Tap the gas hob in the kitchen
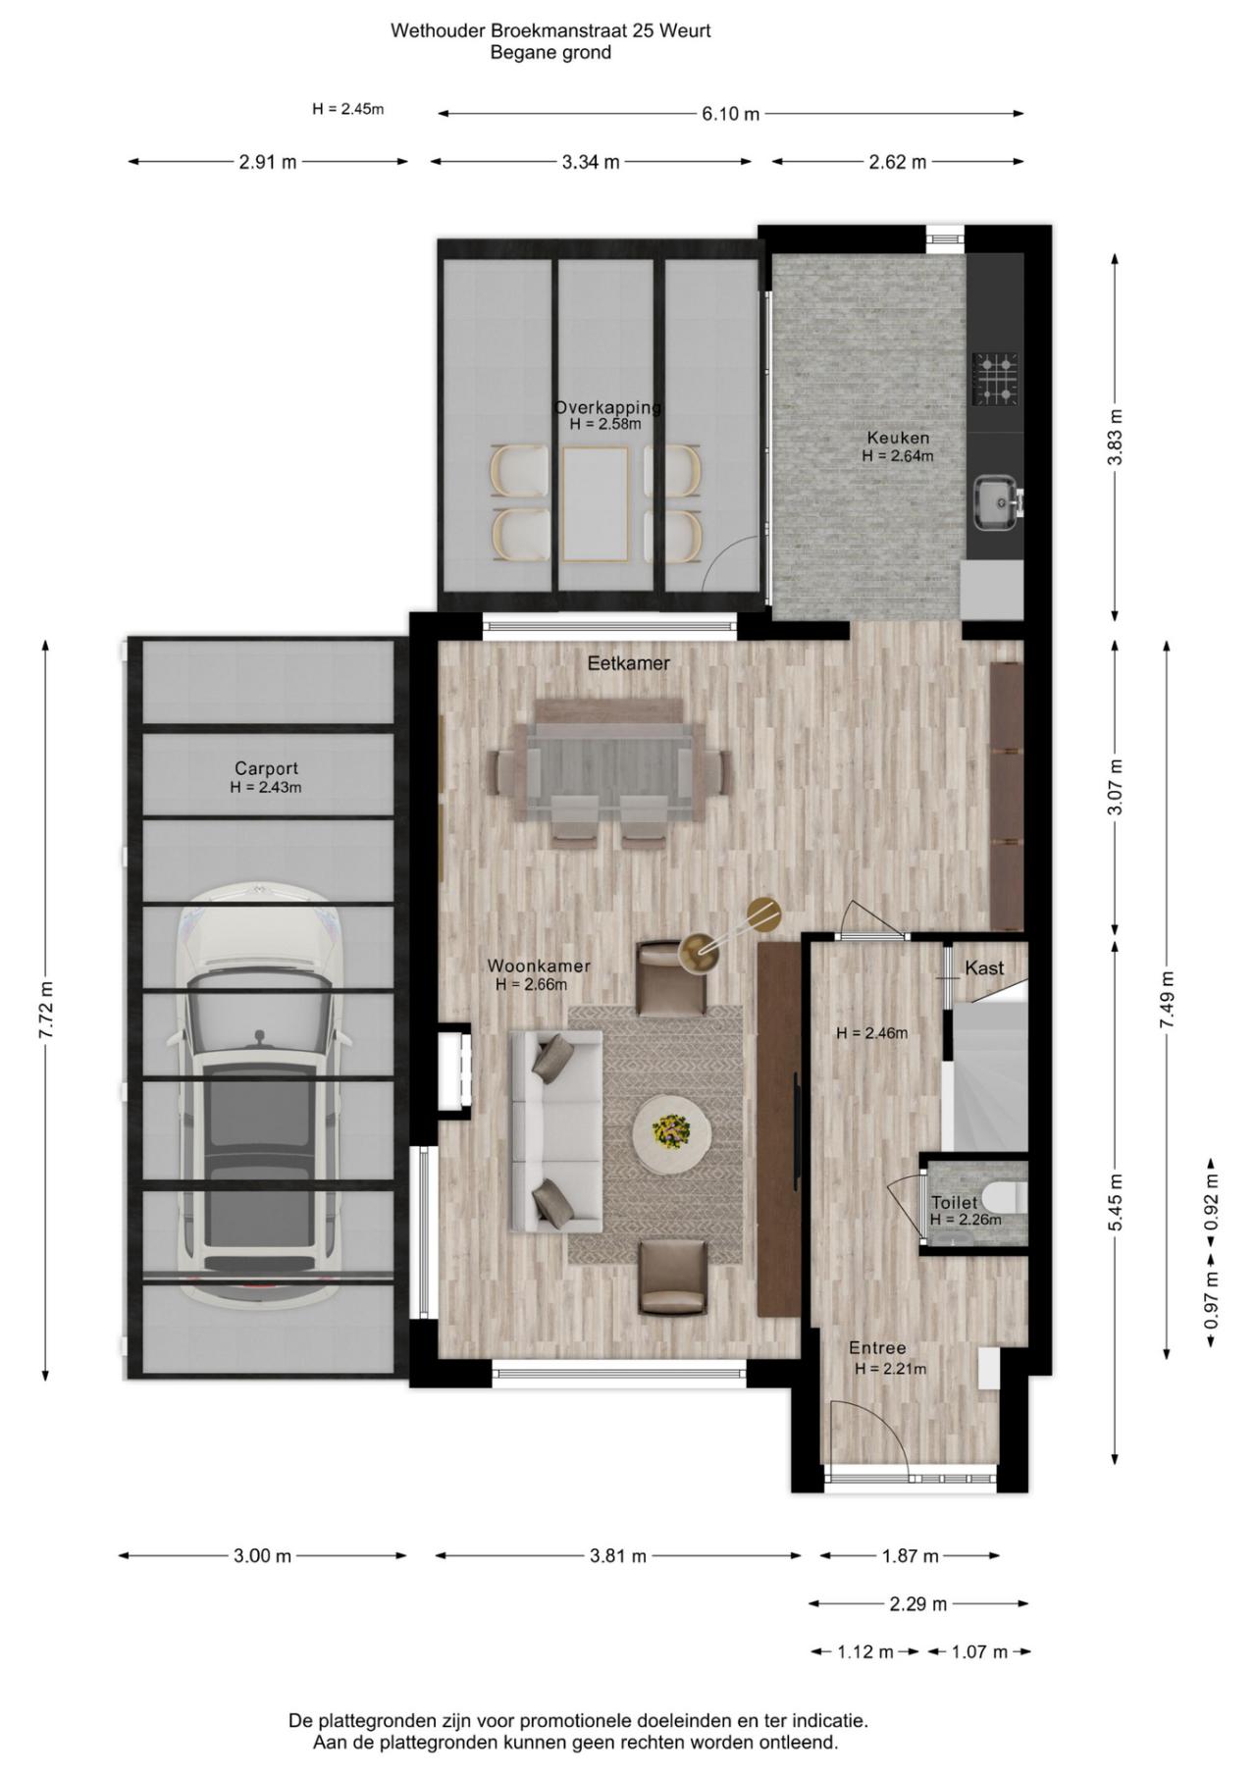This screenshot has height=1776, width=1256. (x=994, y=380)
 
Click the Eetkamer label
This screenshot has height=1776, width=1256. (x=628, y=663)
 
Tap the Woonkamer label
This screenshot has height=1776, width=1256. (x=539, y=966)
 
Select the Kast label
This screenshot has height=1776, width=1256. (x=983, y=968)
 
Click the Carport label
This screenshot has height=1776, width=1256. (x=266, y=769)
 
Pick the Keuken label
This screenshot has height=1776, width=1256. (x=897, y=438)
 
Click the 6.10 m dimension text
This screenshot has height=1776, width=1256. (x=730, y=114)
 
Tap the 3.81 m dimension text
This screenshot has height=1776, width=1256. (x=618, y=1555)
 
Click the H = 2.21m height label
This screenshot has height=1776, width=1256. (x=890, y=1368)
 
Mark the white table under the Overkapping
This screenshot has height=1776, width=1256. (x=596, y=503)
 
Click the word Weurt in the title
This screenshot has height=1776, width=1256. (x=686, y=30)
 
